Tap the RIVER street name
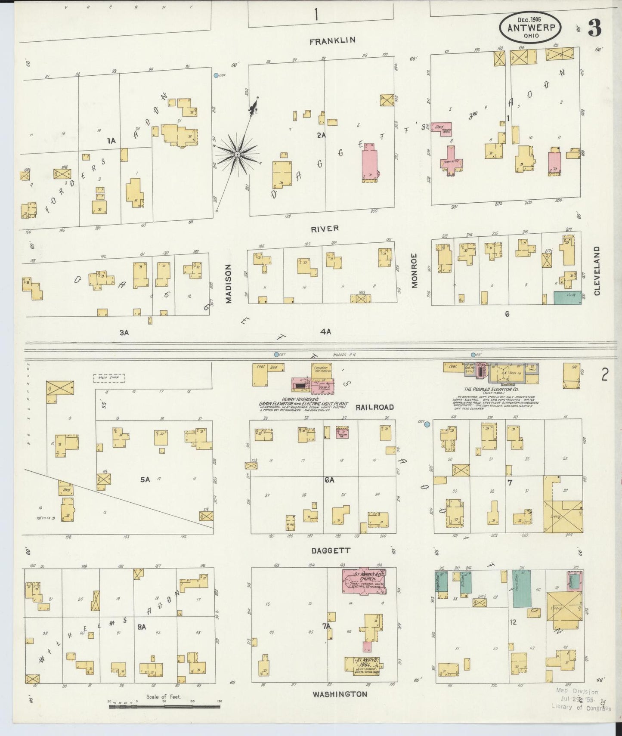(x=325, y=229)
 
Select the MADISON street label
(x=229, y=283)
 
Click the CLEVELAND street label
(x=597, y=271)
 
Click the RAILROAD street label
(x=374, y=407)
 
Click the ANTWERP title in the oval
(x=530, y=28)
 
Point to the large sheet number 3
(x=595, y=28)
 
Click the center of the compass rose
(x=237, y=154)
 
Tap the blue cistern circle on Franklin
(x=216, y=75)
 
